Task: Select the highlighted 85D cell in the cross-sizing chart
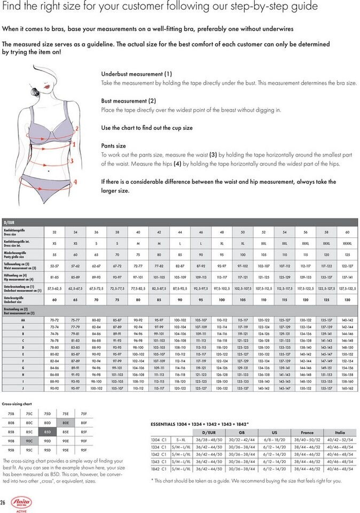[47, 431]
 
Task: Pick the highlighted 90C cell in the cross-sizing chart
[29, 440]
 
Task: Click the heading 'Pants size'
[113, 145]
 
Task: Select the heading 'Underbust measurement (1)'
[136, 74]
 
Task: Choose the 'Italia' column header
[339, 432]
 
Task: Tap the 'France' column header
[307, 432]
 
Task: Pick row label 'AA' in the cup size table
[23, 320]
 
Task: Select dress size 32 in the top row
[54, 232]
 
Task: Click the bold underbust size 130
[347, 300]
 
